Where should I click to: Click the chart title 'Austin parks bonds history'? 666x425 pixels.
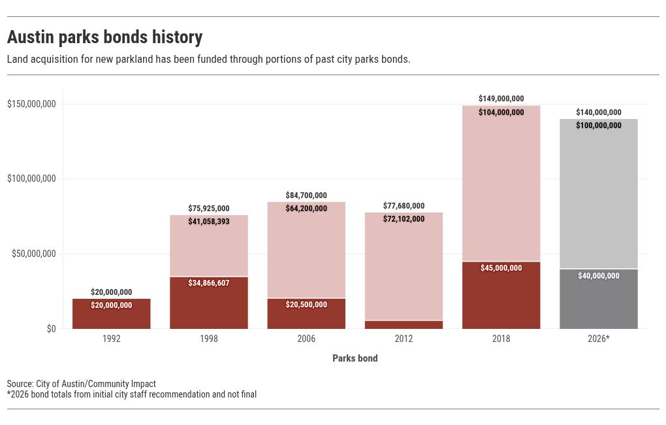click(104, 37)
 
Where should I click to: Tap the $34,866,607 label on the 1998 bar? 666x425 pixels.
click(209, 283)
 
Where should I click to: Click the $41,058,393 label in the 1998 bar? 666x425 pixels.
click(209, 222)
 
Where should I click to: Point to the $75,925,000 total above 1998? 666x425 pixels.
click(209, 209)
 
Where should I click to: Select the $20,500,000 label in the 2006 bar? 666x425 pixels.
click(306, 305)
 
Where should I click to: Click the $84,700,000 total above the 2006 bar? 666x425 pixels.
click(306, 195)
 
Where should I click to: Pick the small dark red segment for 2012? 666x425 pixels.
click(404, 325)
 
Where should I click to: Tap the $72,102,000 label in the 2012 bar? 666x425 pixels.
click(404, 219)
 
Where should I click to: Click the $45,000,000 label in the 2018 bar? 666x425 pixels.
click(501, 268)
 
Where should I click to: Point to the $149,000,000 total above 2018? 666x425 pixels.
click(501, 99)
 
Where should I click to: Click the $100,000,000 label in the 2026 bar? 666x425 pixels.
click(598, 126)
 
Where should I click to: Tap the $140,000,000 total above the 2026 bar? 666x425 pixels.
click(598, 112)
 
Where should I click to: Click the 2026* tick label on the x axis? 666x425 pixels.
click(598, 339)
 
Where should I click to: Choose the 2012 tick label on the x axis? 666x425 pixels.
click(404, 339)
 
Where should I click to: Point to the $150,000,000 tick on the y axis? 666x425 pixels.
click(31, 104)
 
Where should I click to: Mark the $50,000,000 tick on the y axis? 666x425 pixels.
click(34, 254)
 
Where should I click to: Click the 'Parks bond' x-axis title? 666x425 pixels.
click(355, 358)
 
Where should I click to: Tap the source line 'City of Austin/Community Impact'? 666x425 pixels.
click(82, 384)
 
